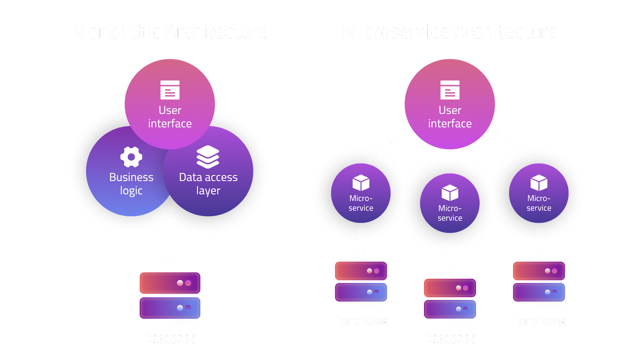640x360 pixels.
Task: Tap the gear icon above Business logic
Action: coord(131,157)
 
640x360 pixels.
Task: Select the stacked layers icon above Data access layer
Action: coord(208,157)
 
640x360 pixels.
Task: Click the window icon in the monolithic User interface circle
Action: coord(170,90)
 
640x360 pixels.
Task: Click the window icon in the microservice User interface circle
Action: coord(450,90)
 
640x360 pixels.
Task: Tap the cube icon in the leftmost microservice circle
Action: coord(361,183)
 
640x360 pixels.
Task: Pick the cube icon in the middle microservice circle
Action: coord(450,193)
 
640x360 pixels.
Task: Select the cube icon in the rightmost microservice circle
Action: coord(539,183)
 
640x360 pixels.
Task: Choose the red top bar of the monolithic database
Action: coord(170,283)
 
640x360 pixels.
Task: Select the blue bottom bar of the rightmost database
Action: coord(539,292)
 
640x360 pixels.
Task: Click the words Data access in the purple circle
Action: coord(208,177)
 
